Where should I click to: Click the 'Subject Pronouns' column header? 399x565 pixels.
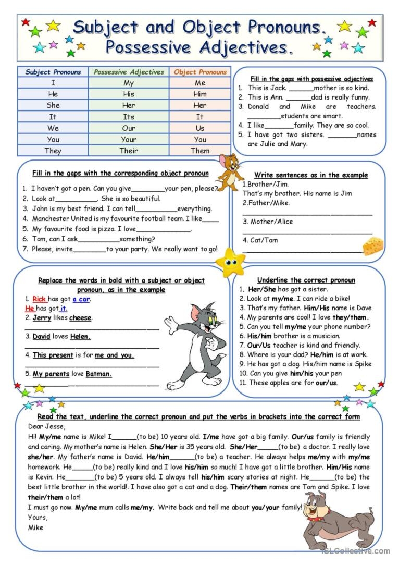point(53,72)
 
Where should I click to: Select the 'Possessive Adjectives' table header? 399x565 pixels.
point(129,72)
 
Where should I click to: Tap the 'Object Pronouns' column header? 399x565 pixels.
point(200,72)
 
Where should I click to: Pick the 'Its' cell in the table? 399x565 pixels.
point(129,117)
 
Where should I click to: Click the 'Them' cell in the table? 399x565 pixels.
point(200,151)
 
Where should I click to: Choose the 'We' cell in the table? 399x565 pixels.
point(53,128)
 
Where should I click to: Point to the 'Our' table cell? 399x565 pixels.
point(129,128)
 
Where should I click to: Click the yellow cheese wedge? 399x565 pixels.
point(373,246)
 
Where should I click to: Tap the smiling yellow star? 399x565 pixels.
point(230,262)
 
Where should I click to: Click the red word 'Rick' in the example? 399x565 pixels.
point(39,299)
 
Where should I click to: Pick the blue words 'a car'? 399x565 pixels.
point(81,299)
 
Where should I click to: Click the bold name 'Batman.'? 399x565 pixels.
point(99,374)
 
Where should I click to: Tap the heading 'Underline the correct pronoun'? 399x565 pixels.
point(306,280)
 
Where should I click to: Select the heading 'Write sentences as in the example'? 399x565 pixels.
point(311,175)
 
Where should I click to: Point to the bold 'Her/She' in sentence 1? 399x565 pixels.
point(262,289)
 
